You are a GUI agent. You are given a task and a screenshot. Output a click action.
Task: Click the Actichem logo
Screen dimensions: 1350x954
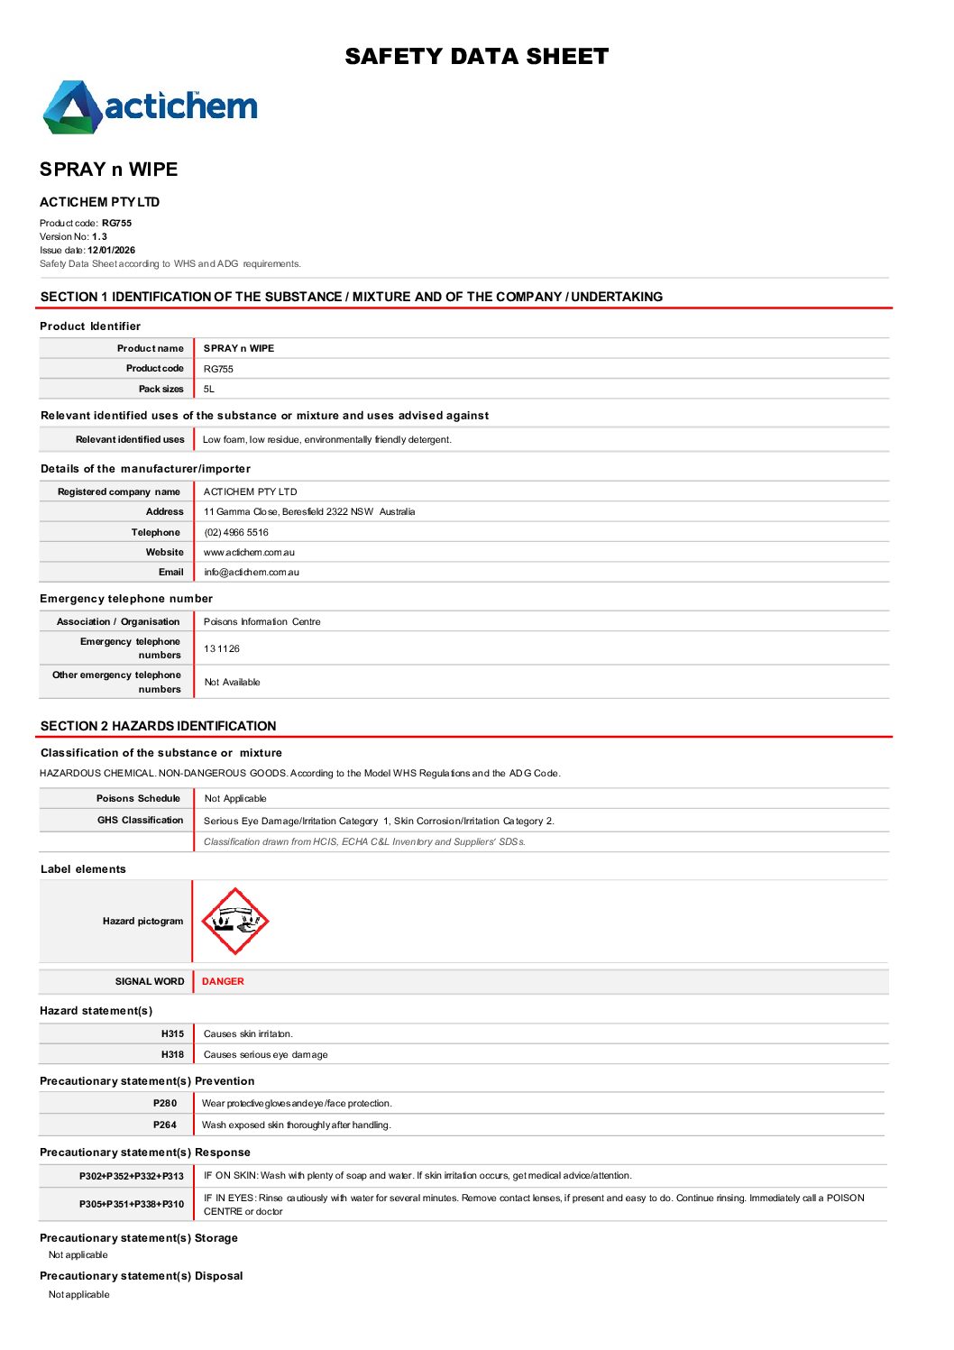151,107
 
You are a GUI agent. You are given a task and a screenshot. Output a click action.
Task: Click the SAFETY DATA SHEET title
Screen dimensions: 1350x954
476,57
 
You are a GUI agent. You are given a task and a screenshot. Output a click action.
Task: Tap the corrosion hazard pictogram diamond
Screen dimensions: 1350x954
234,921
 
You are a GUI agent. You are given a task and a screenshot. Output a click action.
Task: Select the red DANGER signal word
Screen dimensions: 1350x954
223,981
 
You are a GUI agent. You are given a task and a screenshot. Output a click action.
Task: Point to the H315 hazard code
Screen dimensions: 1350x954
172,1033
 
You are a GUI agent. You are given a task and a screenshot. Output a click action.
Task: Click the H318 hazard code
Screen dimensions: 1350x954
172,1054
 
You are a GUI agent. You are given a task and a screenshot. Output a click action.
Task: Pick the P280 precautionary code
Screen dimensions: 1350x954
165,1103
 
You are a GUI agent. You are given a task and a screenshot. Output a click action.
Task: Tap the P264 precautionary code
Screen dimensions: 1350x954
165,1125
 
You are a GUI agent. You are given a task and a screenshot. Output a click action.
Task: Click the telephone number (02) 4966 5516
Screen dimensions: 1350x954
236,532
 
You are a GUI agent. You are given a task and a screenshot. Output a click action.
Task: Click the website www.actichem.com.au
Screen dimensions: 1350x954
249,552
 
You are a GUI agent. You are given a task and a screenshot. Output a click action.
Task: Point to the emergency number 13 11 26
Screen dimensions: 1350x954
222,648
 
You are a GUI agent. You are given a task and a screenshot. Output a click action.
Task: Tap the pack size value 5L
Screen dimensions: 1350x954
209,389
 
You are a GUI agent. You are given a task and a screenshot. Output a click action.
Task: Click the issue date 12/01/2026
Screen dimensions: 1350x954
111,250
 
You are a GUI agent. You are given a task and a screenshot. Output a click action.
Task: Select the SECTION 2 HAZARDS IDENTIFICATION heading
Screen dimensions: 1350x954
159,726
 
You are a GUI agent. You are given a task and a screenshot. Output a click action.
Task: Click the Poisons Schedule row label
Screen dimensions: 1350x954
138,798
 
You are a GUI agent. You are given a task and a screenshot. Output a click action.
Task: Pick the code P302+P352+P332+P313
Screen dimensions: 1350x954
132,1176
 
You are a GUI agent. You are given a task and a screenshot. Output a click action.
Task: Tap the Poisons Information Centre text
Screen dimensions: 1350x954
261,621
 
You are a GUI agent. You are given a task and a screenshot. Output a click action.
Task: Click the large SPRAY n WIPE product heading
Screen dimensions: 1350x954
109,170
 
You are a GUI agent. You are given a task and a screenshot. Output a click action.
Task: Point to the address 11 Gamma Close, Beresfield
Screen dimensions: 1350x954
309,511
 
